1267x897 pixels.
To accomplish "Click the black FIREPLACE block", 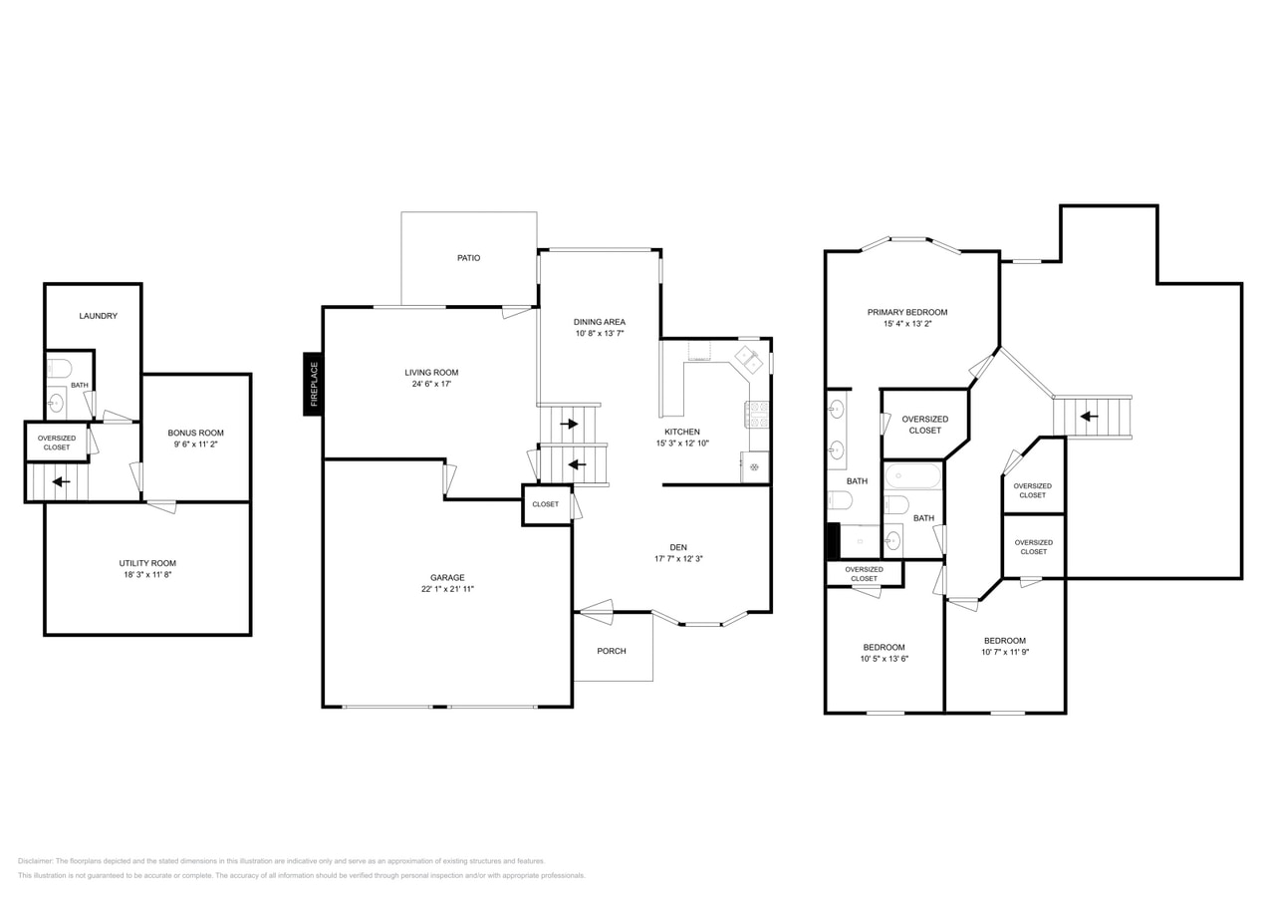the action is pyautogui.click(x=314, y=384).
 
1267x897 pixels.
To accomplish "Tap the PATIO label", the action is pyautogui.click(x=468, y=258).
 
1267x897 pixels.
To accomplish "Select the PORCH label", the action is pyautogui.click(x=612, y=651).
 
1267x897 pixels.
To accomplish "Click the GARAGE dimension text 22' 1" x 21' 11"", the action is pyautogui.click(x=447, y=589).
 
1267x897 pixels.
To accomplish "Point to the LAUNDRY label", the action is pyautogui.click(x=98, y=316).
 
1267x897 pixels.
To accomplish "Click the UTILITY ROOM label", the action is pyautogui.click(x=147, y=563).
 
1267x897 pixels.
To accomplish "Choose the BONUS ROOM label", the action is pyautogui.click(x=195, y=433).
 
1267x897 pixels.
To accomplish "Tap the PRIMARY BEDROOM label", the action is pyautogui.click(x=907, y=312).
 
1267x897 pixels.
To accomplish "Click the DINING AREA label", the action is pyautogui.click(x=600, y=322).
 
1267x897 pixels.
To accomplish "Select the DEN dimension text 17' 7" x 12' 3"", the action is pyautogui.click(x=678, y=558).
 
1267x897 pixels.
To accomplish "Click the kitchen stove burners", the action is pyautogui.click(x=758, y=415).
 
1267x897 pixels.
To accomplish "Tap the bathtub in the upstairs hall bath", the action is pyautogui.click(x=912, y=476).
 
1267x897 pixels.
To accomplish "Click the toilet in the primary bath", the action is pyautogui.click(x=841, y=500).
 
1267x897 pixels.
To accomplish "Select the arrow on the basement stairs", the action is pyautogui.click(x=61, y=481).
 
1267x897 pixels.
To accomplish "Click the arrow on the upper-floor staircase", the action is pyautogui.click(x=1089, y=417).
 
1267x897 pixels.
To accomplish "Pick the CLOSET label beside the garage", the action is pyautogui.click(x=545, y=504).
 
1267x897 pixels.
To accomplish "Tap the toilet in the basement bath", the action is pyautogui.click(x=59, y=369).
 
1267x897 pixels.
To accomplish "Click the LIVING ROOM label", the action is pyautogui.click(x=431, y=373).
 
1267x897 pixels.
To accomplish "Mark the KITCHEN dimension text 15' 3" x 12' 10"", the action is pyautogui.click(x=682, y=444).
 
